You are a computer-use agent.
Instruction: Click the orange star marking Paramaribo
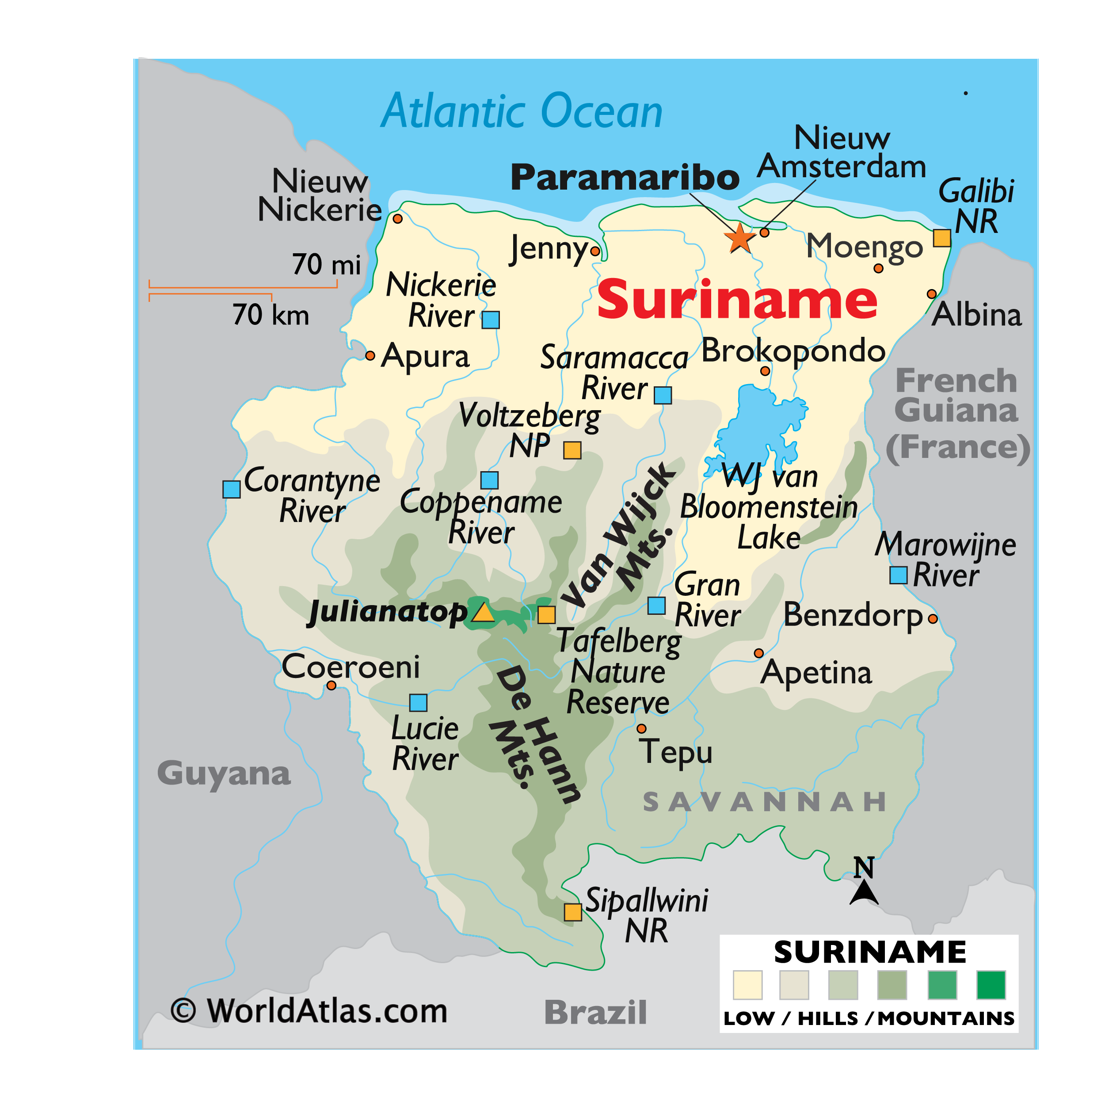[x=739, y=238]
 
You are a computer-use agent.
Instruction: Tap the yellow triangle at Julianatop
[x=483, y=613]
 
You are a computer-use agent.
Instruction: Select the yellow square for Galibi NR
[x=942, y=238]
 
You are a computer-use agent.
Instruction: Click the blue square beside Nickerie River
[x=491, y=320]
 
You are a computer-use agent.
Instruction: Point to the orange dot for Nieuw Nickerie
[x=397, y=218]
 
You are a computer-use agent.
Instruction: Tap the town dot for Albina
[x=932, y=294]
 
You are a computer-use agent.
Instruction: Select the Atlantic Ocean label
[x=522, y=111]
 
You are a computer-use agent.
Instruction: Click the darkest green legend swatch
[x=991, y=985]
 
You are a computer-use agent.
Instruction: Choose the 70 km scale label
[x=271, y=315]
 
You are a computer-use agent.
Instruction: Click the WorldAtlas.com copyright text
[x=309, y=1010]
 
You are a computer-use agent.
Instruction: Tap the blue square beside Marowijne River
[x=899, y=575]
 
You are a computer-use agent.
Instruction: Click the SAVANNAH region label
[x=764, y=802]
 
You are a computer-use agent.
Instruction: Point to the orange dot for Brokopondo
[x=765, y=371]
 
